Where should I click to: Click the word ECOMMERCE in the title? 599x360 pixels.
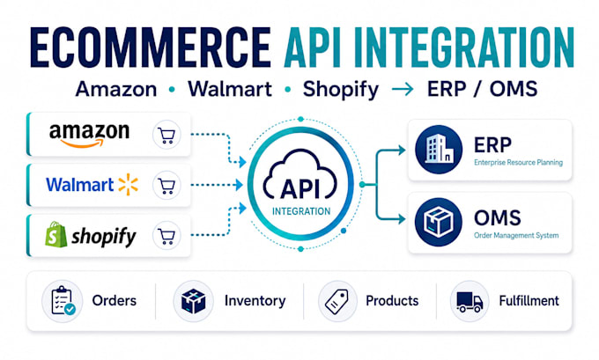pyautogui.click(x=150, y=48)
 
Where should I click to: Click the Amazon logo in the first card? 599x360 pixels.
pyautogui.click(x=89, y=135)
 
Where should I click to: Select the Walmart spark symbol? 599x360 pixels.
pyautogui.click(x=129, y=184)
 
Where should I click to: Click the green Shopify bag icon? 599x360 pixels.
pyautogui.click(x=55, y=234)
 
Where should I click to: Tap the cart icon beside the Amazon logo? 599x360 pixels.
pyautogui.click(x=167, y=135)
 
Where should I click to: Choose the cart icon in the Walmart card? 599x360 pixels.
pyautogui.click(x=167, y=185)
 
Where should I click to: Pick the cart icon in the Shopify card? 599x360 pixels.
pyautogui.click(x=167, y=236)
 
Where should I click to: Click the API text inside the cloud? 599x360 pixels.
pyautogui.click(x=299, y=188)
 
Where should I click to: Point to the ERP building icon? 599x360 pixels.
pyautogui.click(x=439, y=150)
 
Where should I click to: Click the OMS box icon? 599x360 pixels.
pyautogui.click(x=439, y=222)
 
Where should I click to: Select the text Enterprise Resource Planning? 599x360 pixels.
pyautogui.click(x=518, y=163)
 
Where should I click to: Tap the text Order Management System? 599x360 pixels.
pyautogui.click(x=516, y=236)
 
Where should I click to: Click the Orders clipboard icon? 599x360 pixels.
pyautogui.click(x=63, y=301)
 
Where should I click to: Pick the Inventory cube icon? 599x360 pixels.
pyautogui.click(x=193, y=301)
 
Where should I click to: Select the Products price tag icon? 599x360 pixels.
pyautogui.click(x=337, y=301)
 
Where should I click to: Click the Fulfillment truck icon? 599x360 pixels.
pyautogui.click(x=470, y=301)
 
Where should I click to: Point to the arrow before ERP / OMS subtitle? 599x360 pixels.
pyautogui.click(x=403, y=89)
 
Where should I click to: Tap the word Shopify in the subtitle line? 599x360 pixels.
pyautogui.click(x=341, y=90)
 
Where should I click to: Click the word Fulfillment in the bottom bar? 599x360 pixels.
pyautogui.click(x=529, y=301)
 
